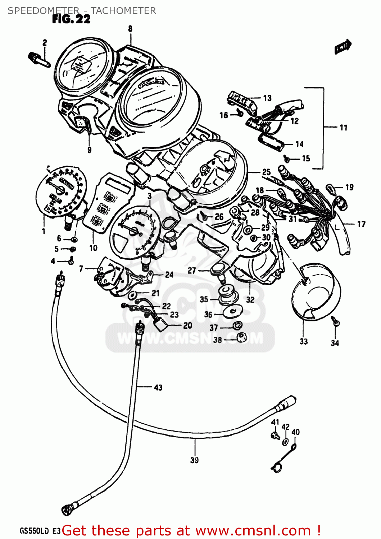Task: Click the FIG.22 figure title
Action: [x=71, y=19]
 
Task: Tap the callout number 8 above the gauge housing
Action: [x=130, y=29]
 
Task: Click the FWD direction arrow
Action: [x=343, y=47]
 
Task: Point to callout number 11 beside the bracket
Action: [x=343, y=128]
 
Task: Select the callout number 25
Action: [x=266, y=172]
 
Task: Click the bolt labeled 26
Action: [x=205, y=217]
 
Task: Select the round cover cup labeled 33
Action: [x=315, y=291]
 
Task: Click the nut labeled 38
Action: [x=241, y=338]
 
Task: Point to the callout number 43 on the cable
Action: [x=158, y=387]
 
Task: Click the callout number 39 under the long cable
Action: [x=194, y=460]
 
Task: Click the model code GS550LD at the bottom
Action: [x=34, y=531]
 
